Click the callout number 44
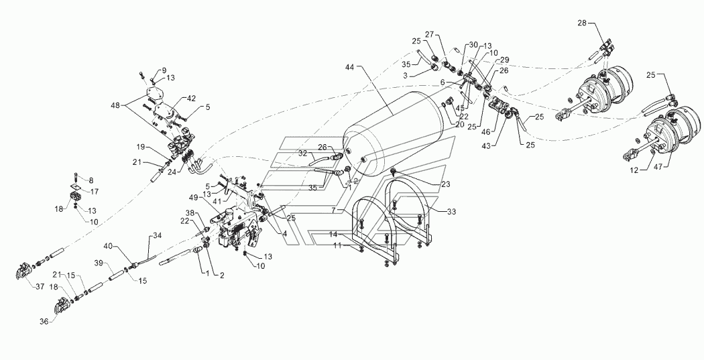click(x=350, y=67)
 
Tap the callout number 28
click(x=583, y=23)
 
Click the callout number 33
click(x=451, y=212)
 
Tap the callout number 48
click(x=116, y=105)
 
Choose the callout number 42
click(x=192, y=98)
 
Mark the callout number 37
click(x=40, y=287)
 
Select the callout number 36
click(x=44, y=321)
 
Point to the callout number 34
click(x=157, y=235)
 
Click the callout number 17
click(x=95, y=192)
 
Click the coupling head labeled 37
click(x=22, y=271)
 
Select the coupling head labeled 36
click(x=63, y=307)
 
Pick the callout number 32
click(x=302, y=154)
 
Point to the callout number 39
click(x=99, y=262)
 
